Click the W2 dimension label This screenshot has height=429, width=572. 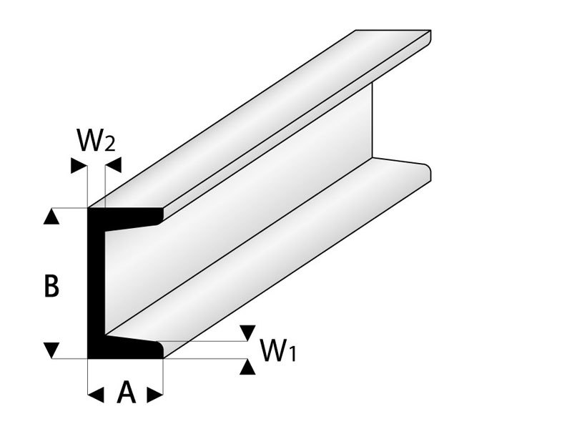94,142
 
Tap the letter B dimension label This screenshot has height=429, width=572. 51,287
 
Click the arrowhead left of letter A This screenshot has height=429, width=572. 94,393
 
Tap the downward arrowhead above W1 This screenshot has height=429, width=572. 247,331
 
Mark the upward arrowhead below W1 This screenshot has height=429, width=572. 247,367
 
